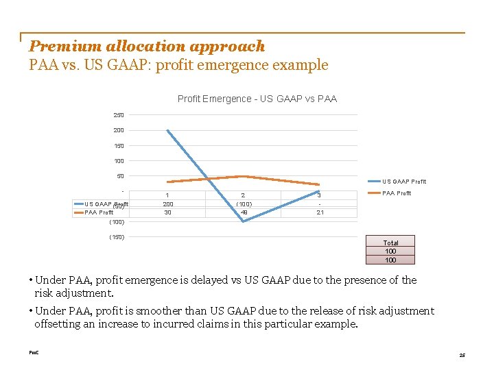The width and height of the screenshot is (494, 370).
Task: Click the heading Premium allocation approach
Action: (147, 47)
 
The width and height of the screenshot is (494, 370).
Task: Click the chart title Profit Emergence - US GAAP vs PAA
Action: (257, 99)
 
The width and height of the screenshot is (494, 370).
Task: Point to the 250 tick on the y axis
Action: (119, 115)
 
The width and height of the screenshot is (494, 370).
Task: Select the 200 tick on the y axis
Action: (119, 130)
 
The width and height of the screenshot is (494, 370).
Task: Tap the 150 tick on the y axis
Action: (119, 146)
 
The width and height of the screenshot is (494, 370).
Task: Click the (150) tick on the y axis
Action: (117, 238)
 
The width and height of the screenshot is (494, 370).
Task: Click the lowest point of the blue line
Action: (243, 221)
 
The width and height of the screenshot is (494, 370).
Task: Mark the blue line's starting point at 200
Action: (167, 130)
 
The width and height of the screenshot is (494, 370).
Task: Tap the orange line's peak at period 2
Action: (243, 176)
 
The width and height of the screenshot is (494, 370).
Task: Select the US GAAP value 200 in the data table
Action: (167, 204)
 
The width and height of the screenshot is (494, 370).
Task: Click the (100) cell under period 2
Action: (243, 204)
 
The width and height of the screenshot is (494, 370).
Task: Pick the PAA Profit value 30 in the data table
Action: (167, 213)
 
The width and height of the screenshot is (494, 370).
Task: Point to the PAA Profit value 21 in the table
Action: (319, 213)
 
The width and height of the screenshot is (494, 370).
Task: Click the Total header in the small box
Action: (390, 243)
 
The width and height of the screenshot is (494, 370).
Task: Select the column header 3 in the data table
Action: (319, 195)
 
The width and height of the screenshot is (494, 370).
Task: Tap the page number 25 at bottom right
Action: (462, 355)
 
